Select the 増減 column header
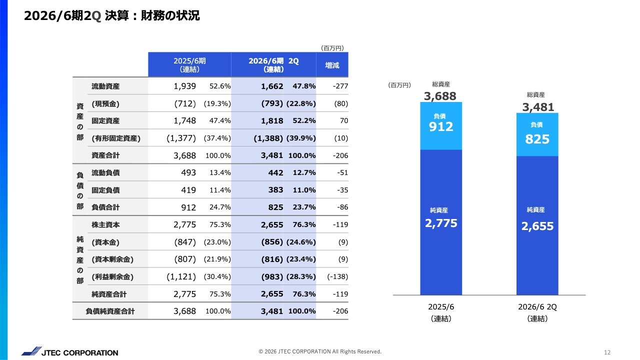point(332,65)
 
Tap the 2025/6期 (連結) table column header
point(189,65)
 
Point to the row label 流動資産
point(105,86)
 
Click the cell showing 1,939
point(184,86)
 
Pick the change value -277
point(340,86)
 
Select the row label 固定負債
point(105,190)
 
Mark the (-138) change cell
point(337,276)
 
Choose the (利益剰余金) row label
point(112,276)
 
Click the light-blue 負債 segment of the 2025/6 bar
point(441,125)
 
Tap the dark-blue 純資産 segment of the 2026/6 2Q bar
point(537,225)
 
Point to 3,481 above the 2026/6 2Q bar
point(538,107)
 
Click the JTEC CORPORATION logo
point(70,352)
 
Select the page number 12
point(607,352)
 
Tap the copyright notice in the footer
point(320,351)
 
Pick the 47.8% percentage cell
point(304,86)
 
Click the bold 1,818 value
point(272,121)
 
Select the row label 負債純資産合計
point(110,311)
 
